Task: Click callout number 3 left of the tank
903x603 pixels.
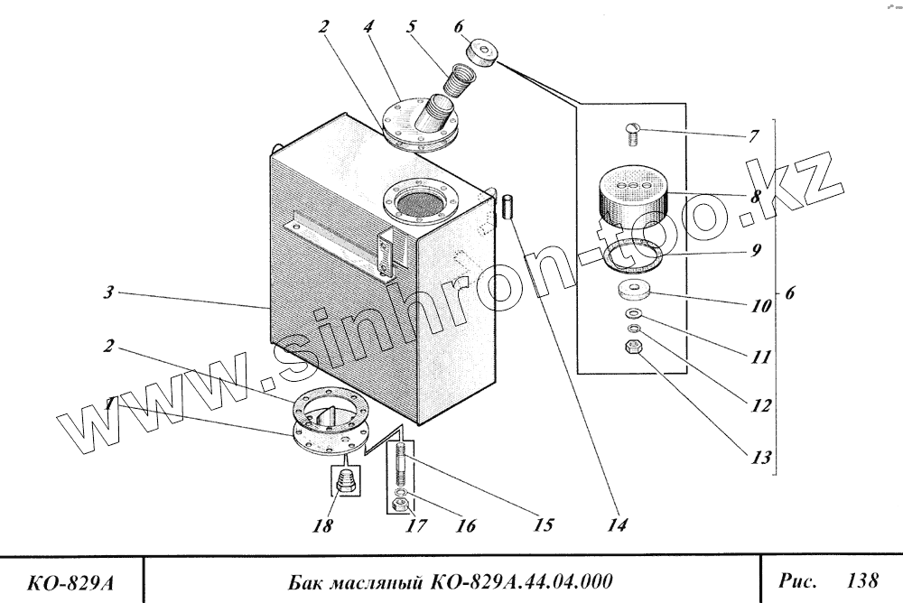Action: point(107,293)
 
